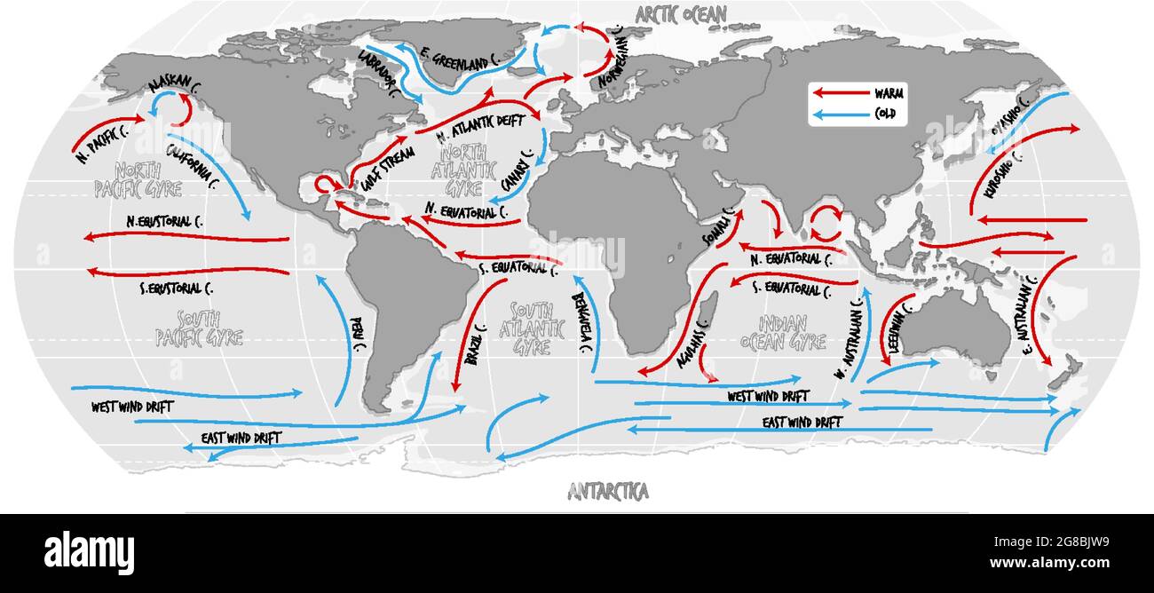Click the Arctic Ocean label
click(681, 13)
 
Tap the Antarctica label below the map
click(608, 490)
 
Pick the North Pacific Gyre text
click(138, 179)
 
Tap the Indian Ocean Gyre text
click(782, 331)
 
